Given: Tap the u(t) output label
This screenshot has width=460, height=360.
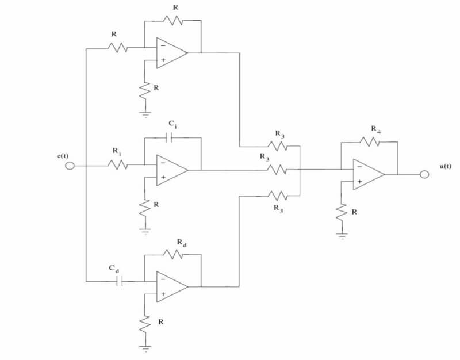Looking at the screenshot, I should click(446, 166).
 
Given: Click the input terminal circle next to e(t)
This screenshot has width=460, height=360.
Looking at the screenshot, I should click(70, 167).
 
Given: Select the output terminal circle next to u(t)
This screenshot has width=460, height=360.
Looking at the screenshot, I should click(424, 174).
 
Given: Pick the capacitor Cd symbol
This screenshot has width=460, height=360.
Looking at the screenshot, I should click(120, 281).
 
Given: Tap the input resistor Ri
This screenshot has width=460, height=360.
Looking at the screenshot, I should click(118, 166).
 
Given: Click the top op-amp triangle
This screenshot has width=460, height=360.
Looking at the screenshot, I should click(170, 53).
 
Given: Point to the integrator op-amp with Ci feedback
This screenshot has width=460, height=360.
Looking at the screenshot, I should click(170, 170).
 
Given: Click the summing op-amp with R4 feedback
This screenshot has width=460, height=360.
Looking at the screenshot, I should click(367, 174).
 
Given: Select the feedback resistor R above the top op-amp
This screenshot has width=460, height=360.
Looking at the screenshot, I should click(172, 21).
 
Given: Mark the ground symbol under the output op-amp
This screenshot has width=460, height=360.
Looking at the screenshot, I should click(342, 235).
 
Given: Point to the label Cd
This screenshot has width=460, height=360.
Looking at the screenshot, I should click(114, 269).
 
